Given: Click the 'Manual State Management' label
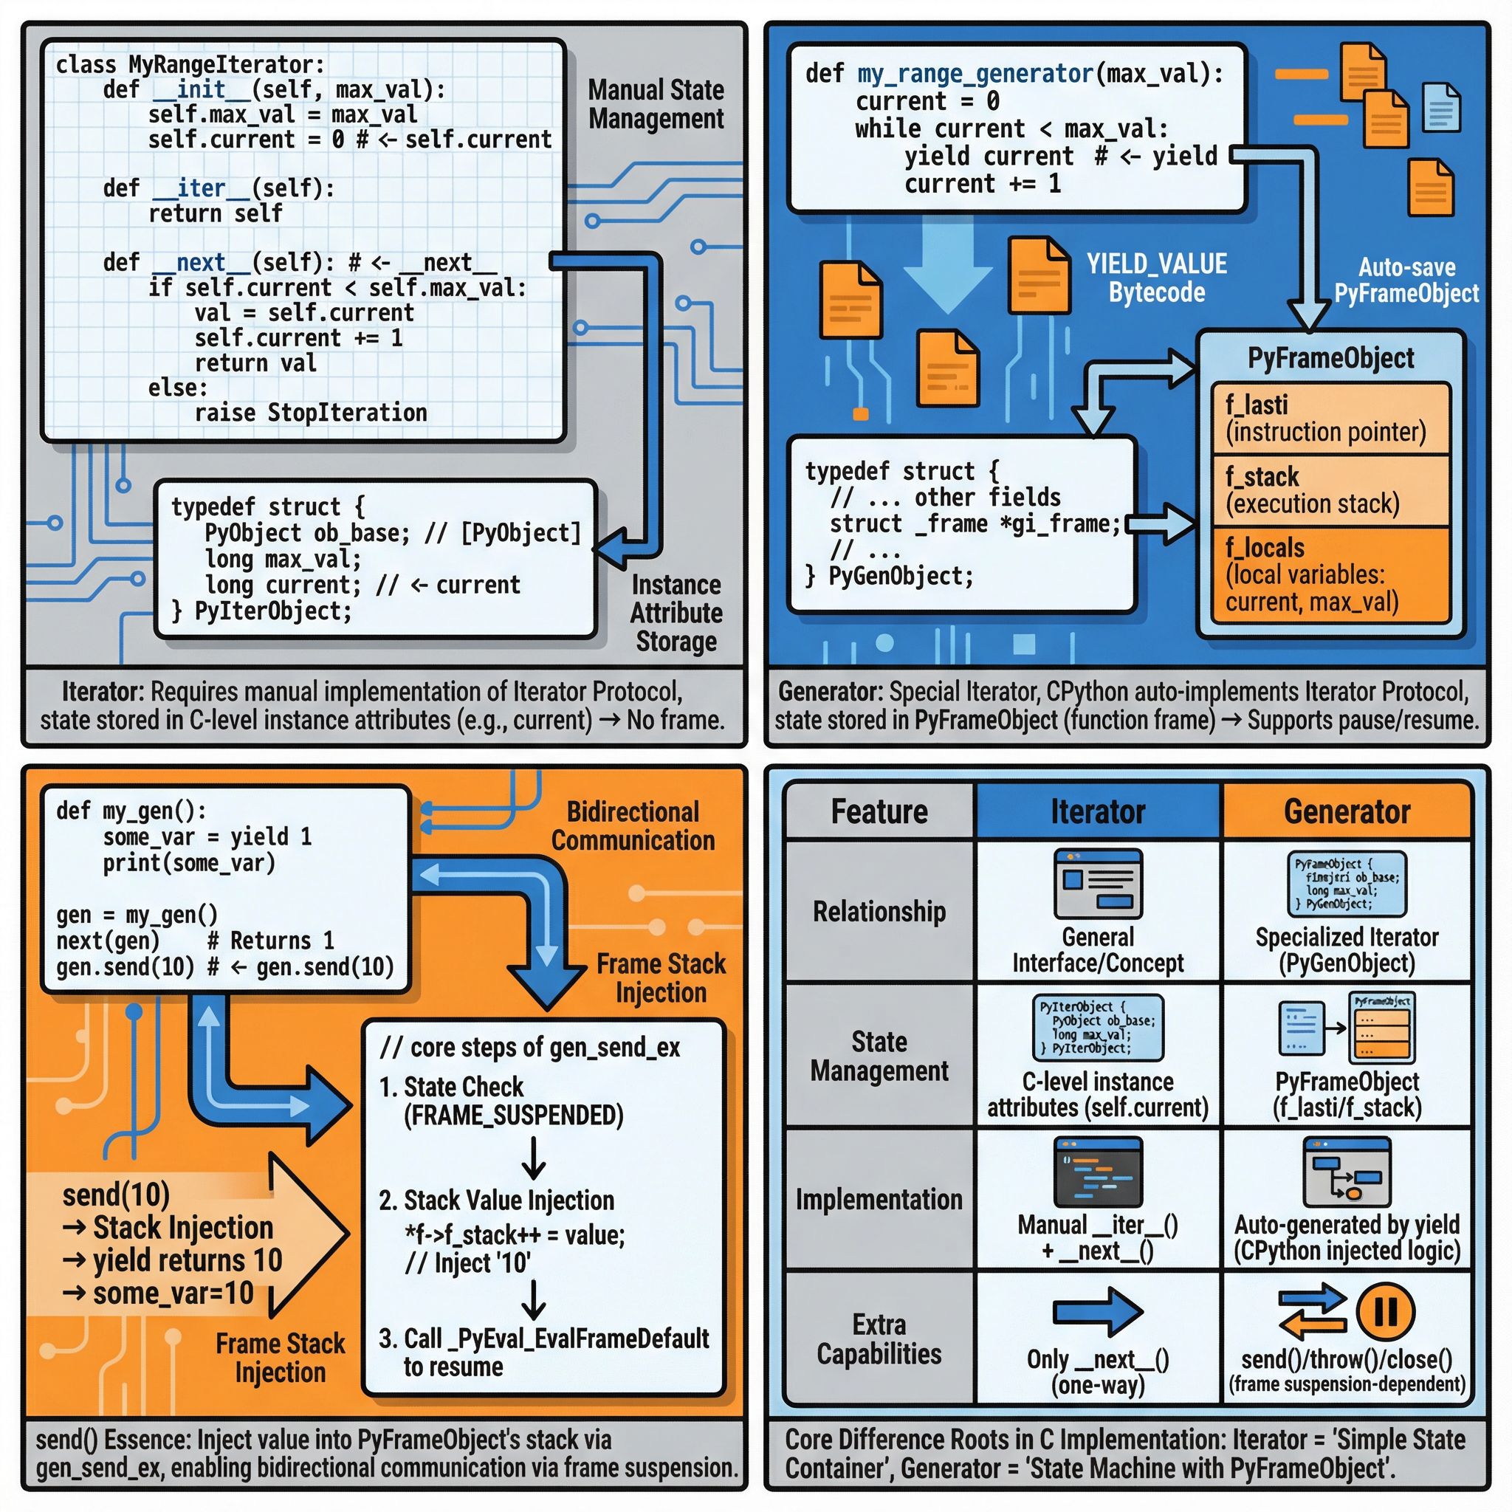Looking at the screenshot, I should (656, 104).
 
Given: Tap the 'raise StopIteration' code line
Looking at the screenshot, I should (311, 413).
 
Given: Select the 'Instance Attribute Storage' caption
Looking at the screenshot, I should (676, 613).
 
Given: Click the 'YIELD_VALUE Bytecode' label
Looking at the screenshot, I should (1157, 278).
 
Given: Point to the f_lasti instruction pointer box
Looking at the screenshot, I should (1330, 419).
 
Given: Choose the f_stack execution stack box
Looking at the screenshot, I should (1330, 490).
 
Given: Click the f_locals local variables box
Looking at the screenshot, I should (1330, 574).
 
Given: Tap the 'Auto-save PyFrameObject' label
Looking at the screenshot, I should (1406, 280).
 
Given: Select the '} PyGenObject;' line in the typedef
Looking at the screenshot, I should (890, 577).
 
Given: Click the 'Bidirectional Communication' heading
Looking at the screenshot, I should (633, 826).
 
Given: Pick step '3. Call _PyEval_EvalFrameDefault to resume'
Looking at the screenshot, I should (544, 1353).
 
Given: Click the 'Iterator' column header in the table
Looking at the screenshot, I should (1097, 811).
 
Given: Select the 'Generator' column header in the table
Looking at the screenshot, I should (1347, 811).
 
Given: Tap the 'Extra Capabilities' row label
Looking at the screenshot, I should (879, 1339).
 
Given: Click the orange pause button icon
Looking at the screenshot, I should (1385, 1311).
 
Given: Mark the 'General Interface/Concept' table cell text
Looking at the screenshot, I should (1097, 950).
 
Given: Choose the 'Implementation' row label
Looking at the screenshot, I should (879, 1200).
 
